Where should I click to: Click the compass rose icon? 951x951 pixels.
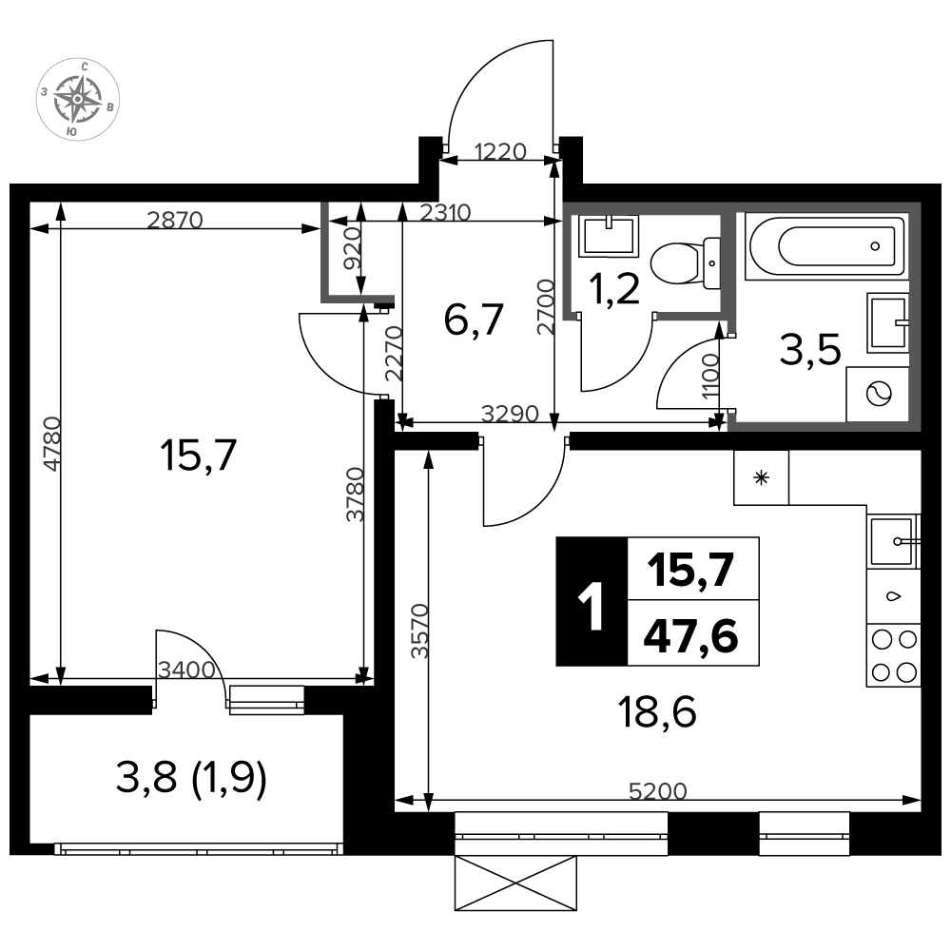(x=78, y=100)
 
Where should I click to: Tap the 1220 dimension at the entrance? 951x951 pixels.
(x=500, y=151)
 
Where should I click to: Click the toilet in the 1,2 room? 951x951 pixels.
(x=685, y=263)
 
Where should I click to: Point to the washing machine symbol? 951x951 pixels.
(x=877, y=394)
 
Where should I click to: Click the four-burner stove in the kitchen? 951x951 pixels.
(x=893, y=655)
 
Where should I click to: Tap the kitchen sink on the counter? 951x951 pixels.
(x=893, y=542)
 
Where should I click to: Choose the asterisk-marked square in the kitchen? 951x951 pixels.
(x=761, y=478)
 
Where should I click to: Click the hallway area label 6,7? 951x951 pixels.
(x=474, y=320)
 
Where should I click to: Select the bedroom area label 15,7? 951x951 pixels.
(x=199, y=456)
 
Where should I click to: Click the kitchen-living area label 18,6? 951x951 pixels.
(x=657, y=711)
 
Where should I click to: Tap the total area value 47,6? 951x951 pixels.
(x=690, y=636)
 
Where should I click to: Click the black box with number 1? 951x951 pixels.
(x=592, y=602)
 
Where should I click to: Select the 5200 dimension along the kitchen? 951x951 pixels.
(x=657, y=790)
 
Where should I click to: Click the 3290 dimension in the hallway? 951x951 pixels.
(x=510, y=414)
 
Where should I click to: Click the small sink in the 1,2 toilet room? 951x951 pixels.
(x=609, y=235)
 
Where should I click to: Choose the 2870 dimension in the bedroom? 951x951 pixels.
(x=175, y=220)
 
